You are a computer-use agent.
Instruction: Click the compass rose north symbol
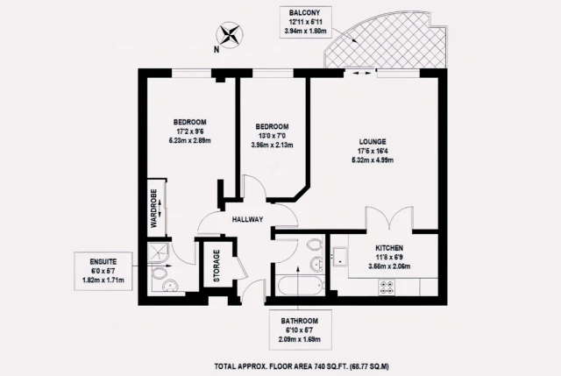pos(230,37)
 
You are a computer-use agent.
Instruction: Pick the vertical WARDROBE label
pos(153,208)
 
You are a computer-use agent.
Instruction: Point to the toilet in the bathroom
pos(314,260)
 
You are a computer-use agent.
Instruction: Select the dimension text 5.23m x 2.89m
pos(189,140)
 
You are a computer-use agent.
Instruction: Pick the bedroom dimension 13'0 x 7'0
pos(271,136)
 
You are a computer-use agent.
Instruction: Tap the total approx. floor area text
pos(301,365)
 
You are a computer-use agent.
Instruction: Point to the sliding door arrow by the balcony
pos(357,74)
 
